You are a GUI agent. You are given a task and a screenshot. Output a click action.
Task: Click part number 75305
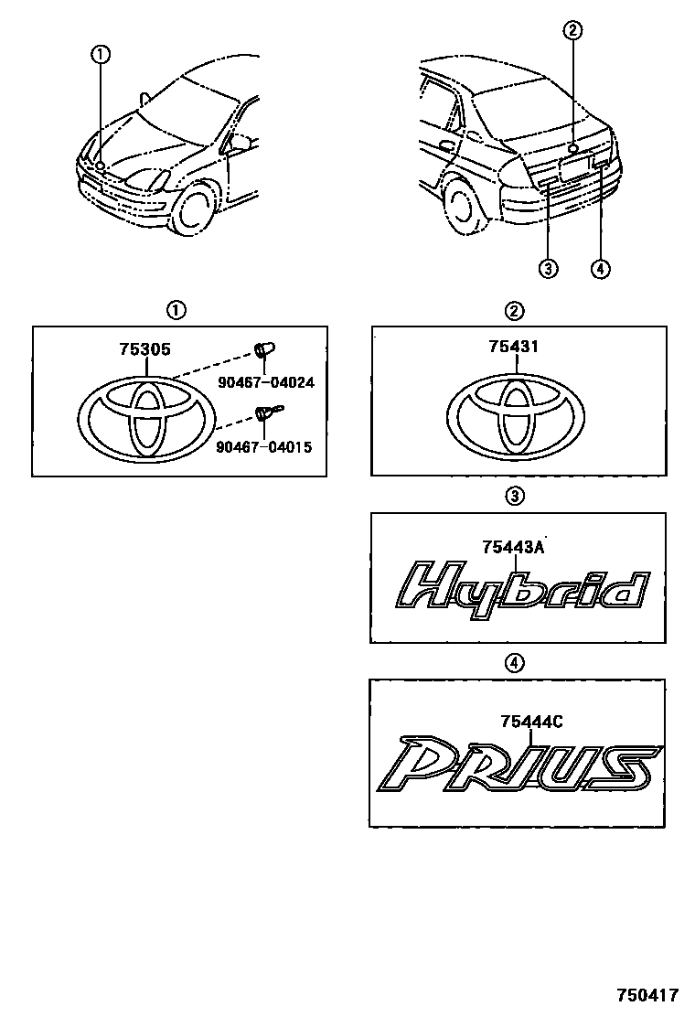click(x=144, y=349)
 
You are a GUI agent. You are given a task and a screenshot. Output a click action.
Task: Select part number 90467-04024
click(x=266, y=382)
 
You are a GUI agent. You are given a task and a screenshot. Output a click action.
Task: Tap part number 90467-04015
click(x=263, y=447)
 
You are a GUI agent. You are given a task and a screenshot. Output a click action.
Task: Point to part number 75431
click(x=513, y=347)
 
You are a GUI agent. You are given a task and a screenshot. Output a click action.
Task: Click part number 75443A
click(x=512, y=548)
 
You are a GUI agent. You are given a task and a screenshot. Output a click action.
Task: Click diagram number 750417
click(x=647, y=995)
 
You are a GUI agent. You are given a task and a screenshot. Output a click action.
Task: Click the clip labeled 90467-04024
click(x=264, y=350)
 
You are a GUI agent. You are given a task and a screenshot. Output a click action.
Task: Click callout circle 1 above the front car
click(x=102, y=55)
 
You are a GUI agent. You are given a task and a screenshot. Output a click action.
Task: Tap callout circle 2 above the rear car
click(x=573, y=30)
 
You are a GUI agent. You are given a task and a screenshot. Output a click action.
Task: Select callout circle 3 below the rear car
click(x=549, y=269)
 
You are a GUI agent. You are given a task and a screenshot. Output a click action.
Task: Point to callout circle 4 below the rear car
click(x=601, y=269)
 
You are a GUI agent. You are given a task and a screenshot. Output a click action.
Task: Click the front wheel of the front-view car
click(x=193, y=209)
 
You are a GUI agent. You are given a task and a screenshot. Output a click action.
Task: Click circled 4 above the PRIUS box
click(x=514, y=662)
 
